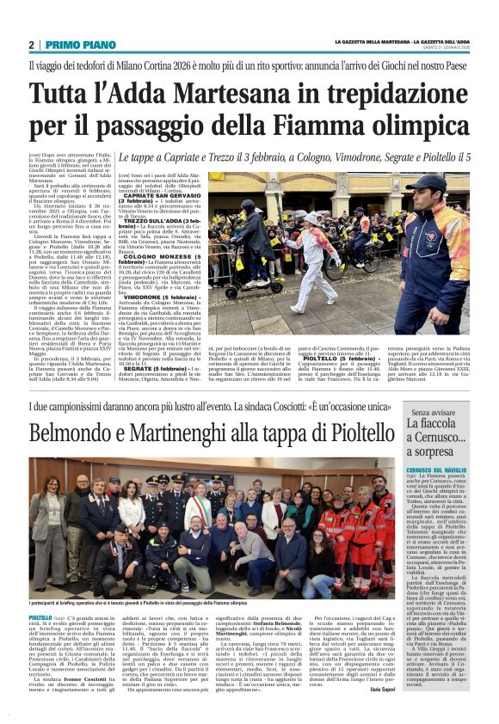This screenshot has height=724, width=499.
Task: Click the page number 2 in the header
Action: pyautogui.click(x=31, y=45)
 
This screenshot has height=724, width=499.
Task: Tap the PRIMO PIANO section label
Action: pyautogui.click(x=70, y=45)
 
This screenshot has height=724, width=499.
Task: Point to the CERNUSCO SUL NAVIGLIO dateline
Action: pyautogui.click(x=435, y=469)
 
